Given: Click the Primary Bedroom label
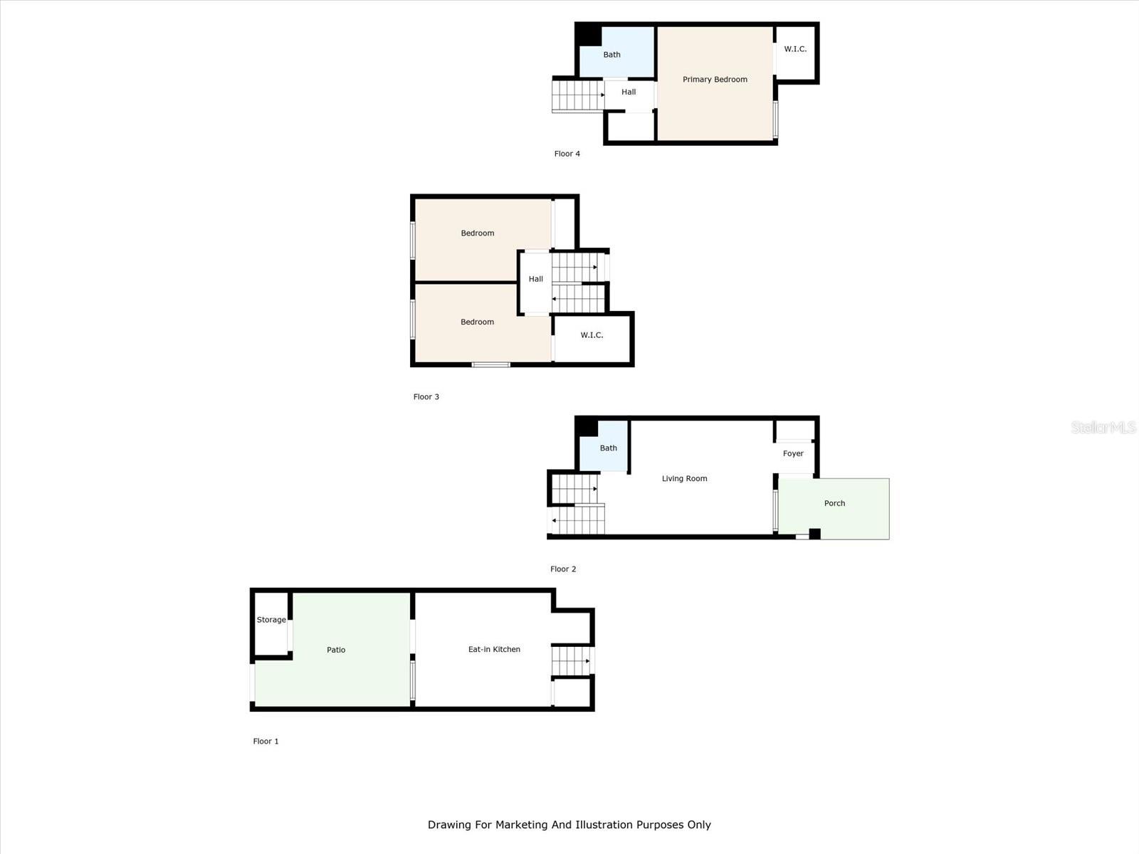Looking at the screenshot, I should [x=715, y=80].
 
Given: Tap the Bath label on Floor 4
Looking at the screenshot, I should [x=612, y=55].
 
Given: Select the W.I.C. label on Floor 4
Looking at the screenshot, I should [x=795, y=49].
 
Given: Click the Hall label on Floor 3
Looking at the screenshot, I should [x=535, y=279].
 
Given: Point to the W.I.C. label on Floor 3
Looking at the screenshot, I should [x=592, y=335].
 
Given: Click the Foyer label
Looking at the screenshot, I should [x=792, y=453].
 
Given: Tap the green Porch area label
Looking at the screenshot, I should [x=834, y=503].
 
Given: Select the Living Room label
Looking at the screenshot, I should [x=684, y=478].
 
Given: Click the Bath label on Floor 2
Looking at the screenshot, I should [x=608, y=448].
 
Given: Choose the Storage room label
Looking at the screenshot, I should [x=271, y=620].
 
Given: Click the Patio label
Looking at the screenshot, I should [x=336, y=650].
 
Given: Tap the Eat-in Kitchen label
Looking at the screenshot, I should [x=494, y=649].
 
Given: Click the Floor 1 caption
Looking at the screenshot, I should [x=266, y=742].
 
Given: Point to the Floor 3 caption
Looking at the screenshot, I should [x=426, y=397].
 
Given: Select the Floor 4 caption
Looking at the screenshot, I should [x=567, y=154].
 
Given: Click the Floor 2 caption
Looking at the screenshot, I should [x=563, y=569].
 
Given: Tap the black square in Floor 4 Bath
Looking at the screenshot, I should [x=588, y=34].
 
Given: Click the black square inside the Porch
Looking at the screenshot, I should [x=814, y=534].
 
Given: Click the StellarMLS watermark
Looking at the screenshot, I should [x=1103, y=428].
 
